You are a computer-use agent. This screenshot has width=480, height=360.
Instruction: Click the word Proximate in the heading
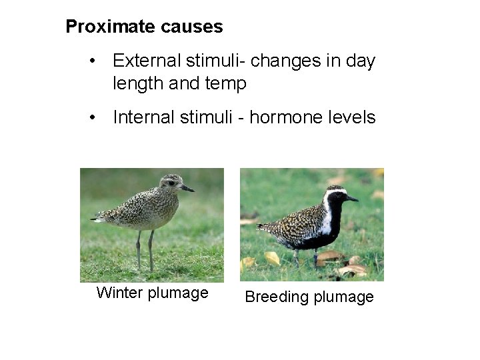[111, 27]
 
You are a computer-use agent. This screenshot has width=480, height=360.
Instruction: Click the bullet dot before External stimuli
[97, 62]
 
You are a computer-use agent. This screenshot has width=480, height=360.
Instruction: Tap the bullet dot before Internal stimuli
[97, 119]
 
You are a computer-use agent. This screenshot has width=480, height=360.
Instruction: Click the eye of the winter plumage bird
[172, 183]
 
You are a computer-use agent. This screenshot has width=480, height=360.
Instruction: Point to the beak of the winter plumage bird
[188, 189]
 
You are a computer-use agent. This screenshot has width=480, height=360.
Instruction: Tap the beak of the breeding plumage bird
[351, 199]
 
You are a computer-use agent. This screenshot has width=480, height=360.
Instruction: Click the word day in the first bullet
[361, 61]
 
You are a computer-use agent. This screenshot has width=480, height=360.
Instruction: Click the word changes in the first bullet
[294, 61]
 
